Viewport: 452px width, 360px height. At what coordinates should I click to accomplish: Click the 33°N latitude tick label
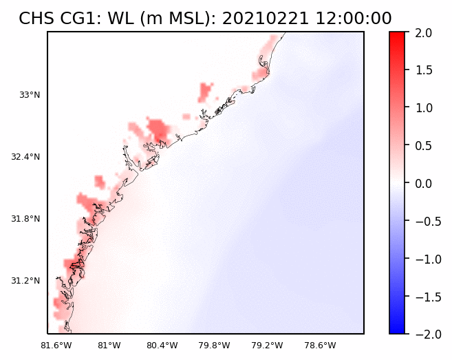(30, 95)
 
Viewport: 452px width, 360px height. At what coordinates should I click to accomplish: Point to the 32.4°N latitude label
(25, 157)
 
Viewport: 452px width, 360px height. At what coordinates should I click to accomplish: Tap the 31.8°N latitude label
(25, 219)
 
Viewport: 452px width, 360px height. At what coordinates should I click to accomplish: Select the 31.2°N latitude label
(25, 281)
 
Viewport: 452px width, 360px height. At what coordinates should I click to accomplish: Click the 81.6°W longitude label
(56, 345)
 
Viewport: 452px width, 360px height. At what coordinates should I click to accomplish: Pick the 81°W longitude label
(109, 345)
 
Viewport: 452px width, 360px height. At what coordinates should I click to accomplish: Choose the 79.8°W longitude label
(215, 345)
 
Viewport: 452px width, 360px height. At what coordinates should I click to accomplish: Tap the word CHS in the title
(34, 19)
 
